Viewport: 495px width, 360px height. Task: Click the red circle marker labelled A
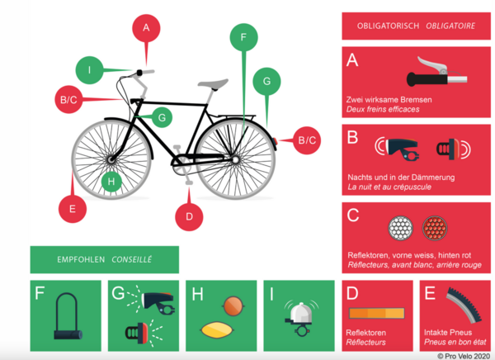point(146,28)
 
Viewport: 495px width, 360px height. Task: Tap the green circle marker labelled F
point(243,37)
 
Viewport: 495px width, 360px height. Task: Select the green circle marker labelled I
point(90,70)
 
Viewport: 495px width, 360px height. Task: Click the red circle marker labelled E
point(73,209)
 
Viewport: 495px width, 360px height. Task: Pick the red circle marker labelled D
point(189,216)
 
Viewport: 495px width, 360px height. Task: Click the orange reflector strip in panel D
point(378,314)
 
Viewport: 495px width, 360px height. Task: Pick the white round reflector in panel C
point(400,228)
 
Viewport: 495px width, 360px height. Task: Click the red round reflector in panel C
point(434,228)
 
